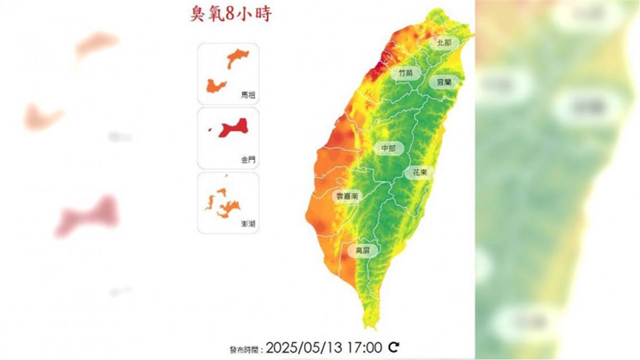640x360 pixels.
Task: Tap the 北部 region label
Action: pos(444,42)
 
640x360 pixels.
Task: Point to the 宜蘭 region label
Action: pos(444,82)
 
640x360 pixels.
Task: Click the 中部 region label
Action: pos(389,148)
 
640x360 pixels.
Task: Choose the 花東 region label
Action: pos(419,173)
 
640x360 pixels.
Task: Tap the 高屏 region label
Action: pos(363,250)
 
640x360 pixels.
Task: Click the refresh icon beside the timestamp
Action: pos(394,348)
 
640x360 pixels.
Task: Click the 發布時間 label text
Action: pos(246,350)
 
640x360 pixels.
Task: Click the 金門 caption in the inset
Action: pos(248,159)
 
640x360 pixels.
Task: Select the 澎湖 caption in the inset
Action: pos(248,224)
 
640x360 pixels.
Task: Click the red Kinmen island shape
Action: pos(234,127)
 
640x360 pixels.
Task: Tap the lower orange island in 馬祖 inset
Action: pos(215,86)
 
